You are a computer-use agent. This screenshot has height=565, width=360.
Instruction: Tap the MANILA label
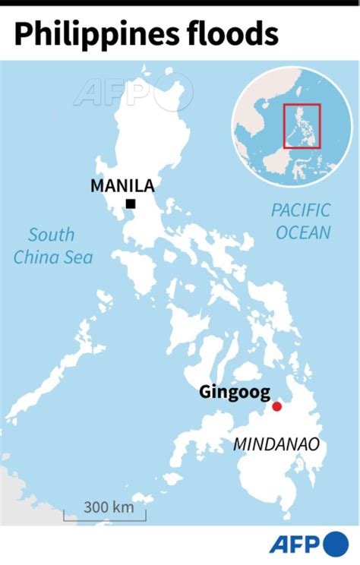pyautogui.click(x=122, y=185)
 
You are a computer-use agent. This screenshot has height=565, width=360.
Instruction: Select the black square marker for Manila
pyautogui.click(x=131, y=204)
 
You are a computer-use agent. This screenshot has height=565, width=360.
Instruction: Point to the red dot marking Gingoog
pyautogui.click(x=277, y=406)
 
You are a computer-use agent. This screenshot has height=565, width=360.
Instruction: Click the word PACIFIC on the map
pyautogui.click(x=302, y=211)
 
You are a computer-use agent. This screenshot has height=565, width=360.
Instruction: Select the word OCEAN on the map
pyautogui.click(x=303, y=232)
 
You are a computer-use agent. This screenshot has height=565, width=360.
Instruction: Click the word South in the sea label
pyautogui.click(x=53, y=235)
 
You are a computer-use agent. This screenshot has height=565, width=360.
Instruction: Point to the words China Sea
pyautogui.click(x=53, y=257)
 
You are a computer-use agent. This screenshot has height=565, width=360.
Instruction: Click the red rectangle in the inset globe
pyautogui.click(x=302, y=127)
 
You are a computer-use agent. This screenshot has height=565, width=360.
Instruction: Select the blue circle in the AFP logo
pyautogui.click(x=335, y=544)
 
